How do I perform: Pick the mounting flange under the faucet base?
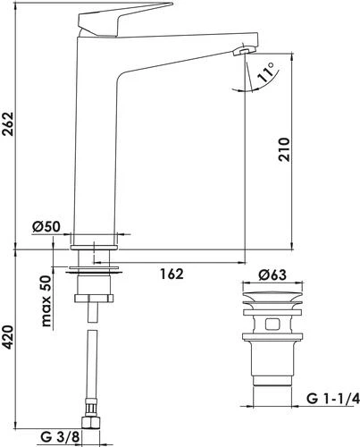point(95,266)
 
